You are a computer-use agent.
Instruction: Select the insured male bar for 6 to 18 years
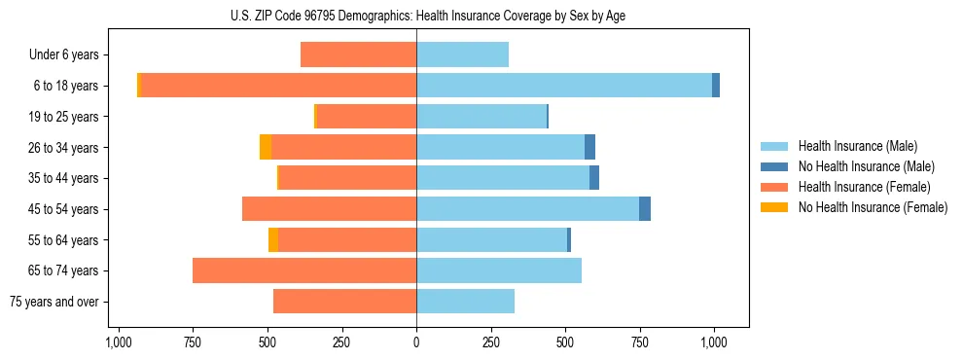coord(564,86)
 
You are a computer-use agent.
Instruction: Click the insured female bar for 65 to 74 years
coord(304,270)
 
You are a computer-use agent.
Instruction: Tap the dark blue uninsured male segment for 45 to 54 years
coord(645,209)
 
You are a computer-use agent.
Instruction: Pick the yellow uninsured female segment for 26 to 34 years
coord(266,147)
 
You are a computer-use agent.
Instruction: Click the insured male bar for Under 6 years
coord(462,54)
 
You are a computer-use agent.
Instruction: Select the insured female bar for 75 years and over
coord(344,302)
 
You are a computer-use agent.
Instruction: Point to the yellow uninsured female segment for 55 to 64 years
coord(273,240)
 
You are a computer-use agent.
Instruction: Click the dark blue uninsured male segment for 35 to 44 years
coord(594,178)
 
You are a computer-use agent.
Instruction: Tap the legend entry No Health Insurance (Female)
coord(873,207)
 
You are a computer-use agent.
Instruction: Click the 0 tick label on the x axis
coord(416,342)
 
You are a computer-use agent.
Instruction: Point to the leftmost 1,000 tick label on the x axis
coord(118,342)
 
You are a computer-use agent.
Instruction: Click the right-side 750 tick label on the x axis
coord(640,342)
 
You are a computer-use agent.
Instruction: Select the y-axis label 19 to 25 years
coord(64,117)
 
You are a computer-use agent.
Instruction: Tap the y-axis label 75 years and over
coord(53,302)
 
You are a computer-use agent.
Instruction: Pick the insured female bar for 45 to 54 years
coord(329,209)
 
